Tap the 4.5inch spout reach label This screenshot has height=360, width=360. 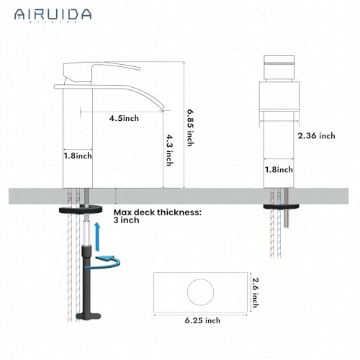click(124, 119)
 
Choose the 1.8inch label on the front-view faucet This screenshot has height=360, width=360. click(279, 170)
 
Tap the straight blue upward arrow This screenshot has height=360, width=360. click(94, 232)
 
